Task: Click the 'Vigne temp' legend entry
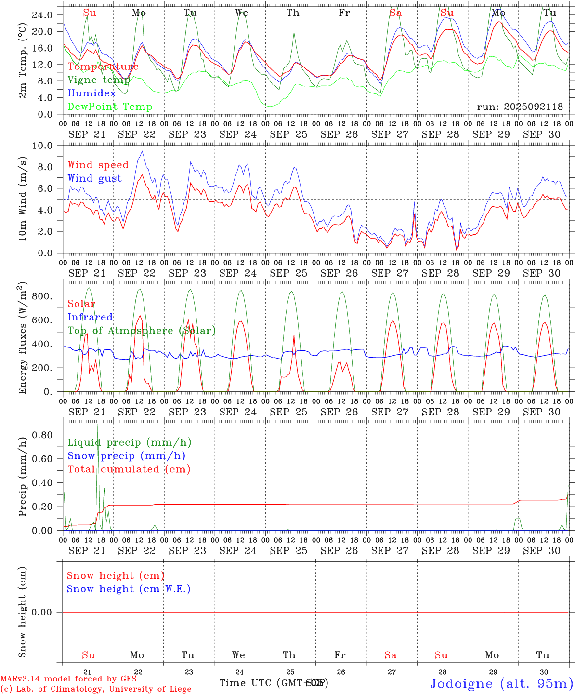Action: point(99,80)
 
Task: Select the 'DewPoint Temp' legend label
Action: point(110,107)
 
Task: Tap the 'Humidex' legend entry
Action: point(91,93)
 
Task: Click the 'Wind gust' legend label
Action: point(94,178)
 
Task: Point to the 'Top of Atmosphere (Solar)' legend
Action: point(142,331)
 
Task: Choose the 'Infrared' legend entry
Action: point(90,317)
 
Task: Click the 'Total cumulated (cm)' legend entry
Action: point(129,469)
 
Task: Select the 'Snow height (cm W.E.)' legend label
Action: point(129,589)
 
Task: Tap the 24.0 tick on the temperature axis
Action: point(42,15)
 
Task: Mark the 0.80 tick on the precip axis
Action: point(42,435)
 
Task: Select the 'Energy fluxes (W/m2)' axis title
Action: point(23,339)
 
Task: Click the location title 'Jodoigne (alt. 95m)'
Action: point(501,683)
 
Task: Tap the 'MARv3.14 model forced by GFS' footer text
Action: point(68,679)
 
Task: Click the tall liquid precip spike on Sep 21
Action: point(98,426)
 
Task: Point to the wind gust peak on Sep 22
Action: point(142,152)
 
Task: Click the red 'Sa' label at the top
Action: point(395,13)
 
